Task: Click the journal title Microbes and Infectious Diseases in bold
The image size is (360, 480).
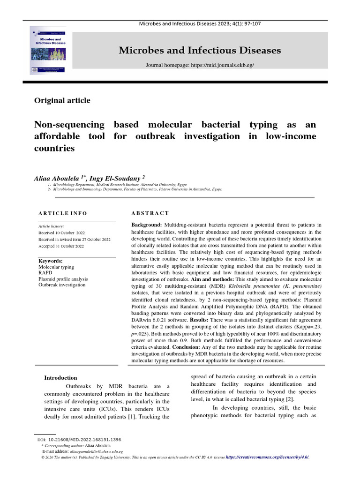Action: coord(200,50)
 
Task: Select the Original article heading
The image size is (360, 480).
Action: coord(62,100)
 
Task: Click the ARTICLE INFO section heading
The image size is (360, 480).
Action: coord(62,213)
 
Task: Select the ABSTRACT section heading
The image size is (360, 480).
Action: coord(150,213)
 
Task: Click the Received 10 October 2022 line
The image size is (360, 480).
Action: coord(61,232)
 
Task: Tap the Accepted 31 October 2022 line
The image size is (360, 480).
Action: coord(61,246)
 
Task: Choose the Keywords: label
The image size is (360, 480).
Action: coord(50,261)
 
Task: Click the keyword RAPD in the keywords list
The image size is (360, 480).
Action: coord(45,272)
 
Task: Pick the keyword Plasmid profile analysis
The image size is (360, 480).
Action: coord(63,278)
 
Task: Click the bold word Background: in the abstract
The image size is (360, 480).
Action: coord(147,225)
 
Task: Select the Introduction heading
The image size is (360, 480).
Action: coord(60,377)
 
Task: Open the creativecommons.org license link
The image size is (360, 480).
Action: coord(267,457)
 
